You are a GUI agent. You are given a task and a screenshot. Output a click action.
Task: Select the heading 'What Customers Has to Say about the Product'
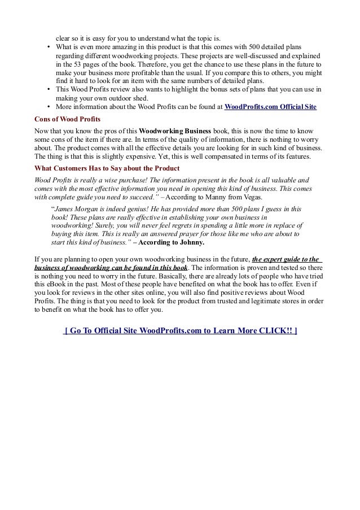coord(107,169)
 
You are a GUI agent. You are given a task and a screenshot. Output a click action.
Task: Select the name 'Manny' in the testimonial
coord(207,198)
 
